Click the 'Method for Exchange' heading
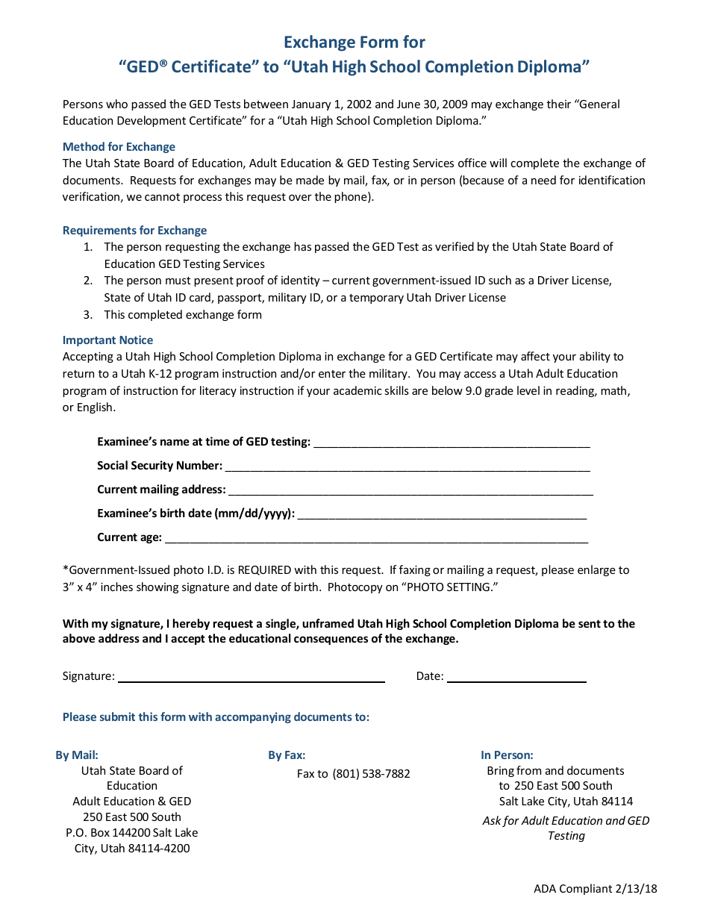[x=119, y=147]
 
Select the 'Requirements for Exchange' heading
[x=134, y=231]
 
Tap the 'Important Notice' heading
[x=107, y=340]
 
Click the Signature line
[x=252, y=680]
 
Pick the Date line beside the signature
[x=516, y=680]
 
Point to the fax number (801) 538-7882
[x=371, y=774]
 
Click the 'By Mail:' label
[x=77, y=755]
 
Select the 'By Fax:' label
[x=287, y=755]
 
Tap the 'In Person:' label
[x=507, y=755]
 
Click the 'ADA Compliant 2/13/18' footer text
[x=595, y=889]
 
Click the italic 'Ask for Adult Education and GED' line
[x=566, y=821]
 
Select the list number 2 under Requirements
[x=87, y=281]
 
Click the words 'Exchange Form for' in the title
[x=354, y=42]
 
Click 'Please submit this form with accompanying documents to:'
[x=216, y=717]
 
